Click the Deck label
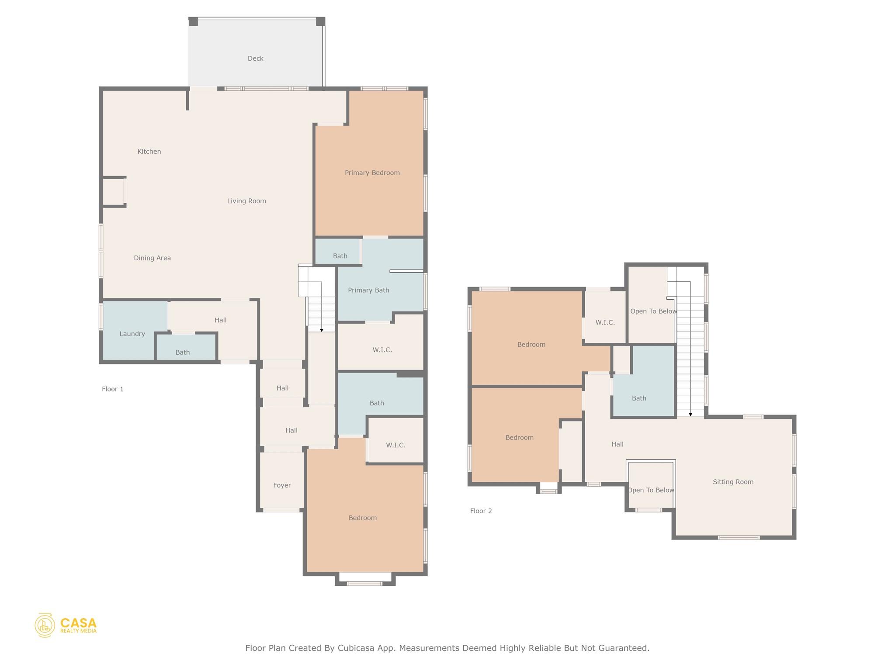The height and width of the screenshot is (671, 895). (256, 59)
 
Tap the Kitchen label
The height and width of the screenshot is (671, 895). (149, 152)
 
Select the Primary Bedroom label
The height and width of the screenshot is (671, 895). (372, 173)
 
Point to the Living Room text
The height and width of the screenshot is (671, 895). (246, 201)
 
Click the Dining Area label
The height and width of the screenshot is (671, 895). (152, 258)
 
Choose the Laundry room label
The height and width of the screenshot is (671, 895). (132, 334)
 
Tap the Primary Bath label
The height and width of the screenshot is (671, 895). (368, 290)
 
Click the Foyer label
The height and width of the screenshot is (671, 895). (282, 485)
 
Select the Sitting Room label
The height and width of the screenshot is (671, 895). (733, 482)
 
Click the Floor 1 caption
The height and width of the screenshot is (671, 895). (113, 389)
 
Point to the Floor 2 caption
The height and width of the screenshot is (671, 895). (481, 511)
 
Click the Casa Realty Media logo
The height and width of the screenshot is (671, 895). (66, 625)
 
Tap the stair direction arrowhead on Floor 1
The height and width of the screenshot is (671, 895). (322, 330)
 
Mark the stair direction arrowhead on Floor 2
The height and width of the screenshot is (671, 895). (690, 414)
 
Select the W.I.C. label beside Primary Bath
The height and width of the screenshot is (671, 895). (382, 350)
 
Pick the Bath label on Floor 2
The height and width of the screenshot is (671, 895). (639, 398)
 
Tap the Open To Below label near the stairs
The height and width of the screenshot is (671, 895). (653, 311)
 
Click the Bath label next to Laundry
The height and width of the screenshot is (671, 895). (183, 353)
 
